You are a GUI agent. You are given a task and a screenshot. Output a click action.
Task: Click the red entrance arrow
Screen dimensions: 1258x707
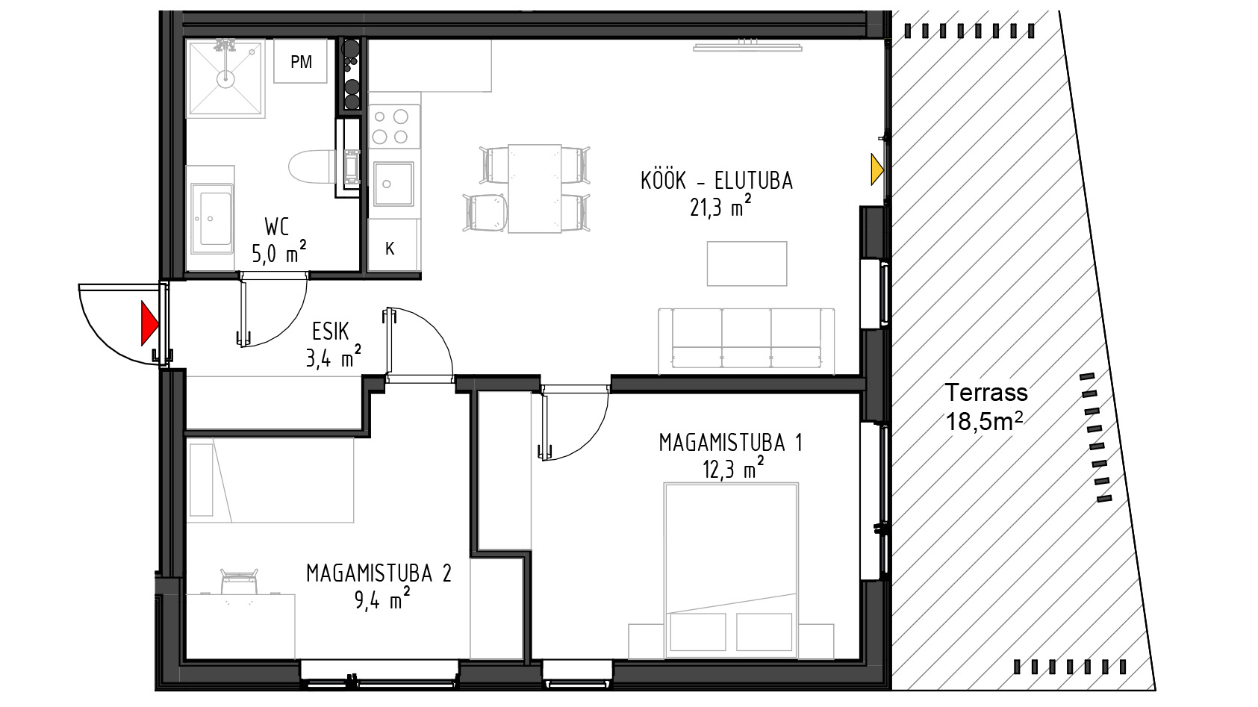pyautogui.click(x=149, y=323)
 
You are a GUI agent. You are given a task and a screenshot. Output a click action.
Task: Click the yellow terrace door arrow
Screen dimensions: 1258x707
pyautogui.click(x=876, y=169)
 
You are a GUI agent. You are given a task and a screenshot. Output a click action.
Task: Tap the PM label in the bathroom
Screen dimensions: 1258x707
pyautogui.click(x=301, y=62)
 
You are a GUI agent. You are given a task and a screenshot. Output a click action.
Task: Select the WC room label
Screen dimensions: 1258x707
pyautogui.click(x=277, y=228)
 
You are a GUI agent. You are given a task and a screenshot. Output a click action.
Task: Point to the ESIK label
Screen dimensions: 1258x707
pyautogui.click(x=330, y=332)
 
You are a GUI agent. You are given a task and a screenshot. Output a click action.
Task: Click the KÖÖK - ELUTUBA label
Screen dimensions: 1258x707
pyautogui.click(x=717, y=181)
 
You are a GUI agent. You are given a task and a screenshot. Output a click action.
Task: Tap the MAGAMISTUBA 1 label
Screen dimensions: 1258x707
pyautogui.click(x=731, y=443)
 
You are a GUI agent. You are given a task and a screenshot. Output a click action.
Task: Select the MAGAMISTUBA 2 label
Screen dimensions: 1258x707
pyautogui.click(x=379, y=573)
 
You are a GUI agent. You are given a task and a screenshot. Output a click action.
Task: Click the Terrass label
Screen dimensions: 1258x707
pyautogui.click(x=986, y=393)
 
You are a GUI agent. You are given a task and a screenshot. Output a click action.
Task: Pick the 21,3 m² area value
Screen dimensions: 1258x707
pyautogui.click(x=720, y=208)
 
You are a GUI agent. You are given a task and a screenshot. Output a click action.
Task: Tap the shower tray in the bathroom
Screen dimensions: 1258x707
pyautogui.click(x=225, y=78)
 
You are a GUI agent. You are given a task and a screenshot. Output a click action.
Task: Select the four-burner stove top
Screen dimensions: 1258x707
pyautogui.click(x=395, y=126)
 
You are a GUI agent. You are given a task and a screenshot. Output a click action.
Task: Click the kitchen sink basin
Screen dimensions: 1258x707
pyautogui.click(x=394, y=184)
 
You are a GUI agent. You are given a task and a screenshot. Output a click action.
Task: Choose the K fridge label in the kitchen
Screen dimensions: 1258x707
pyautogui.click(x=390, y=249)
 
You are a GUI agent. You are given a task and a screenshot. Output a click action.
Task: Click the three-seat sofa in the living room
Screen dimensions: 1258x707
pyautogui.click(x=747, y=341)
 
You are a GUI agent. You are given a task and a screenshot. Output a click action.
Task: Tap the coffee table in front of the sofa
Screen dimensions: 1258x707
pyautogui.click(x=747, y=264)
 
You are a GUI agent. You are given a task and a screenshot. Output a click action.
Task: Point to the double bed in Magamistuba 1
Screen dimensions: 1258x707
pyautogui.click(x=731, y=570)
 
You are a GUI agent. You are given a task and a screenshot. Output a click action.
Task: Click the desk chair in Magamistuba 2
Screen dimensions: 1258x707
pyautogui.click(x=239, y=582)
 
